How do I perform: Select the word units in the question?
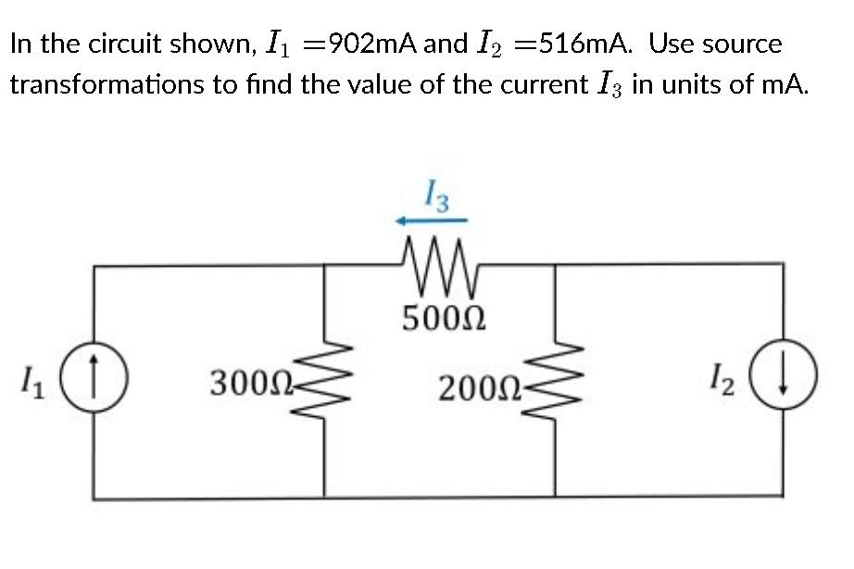689,84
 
